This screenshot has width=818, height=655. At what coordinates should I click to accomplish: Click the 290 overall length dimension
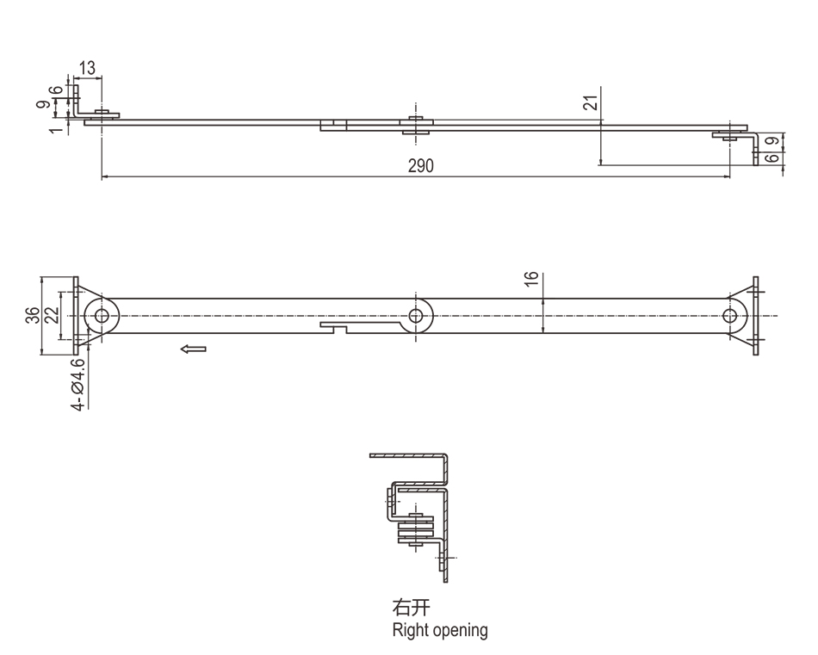pyautogui.click(x=421, y=166)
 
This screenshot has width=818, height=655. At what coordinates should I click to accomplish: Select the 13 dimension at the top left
pyautogui.click(x=87, y=67)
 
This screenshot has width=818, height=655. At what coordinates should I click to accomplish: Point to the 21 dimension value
pyautogui.click(x=589, y=103)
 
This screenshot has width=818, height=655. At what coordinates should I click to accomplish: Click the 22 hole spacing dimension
pyautogui.click(x=51, y=316)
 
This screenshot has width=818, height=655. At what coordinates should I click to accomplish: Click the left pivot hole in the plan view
pyautogui.click(x=102, y=316)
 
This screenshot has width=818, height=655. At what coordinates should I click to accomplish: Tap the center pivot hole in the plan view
pyautogui.click(x=418, y=316)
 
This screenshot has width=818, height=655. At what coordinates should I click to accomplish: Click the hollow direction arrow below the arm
pyautogui.click(x=194, y=349)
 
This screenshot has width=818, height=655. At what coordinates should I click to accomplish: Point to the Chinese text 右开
pyautogui.click(x=406, y=610)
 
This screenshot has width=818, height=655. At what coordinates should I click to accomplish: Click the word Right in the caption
pyautogui.click(x=409, y=630)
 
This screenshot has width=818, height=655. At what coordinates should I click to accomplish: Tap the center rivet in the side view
pyautogui.click(x=418, y=125)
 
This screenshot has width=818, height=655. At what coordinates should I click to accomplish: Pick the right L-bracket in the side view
pyautogui.click(x=751, y=146)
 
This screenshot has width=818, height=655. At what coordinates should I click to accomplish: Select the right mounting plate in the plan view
pyautogui.click(x=755, y=316)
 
